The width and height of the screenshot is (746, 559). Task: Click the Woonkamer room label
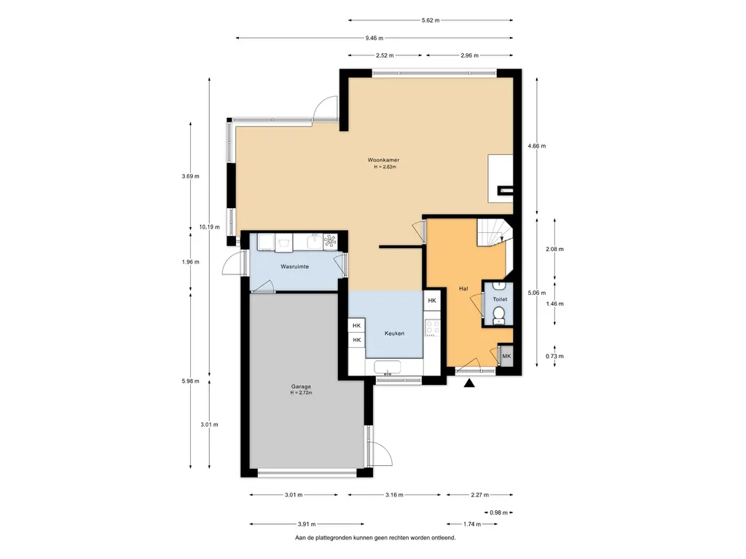(x=383, y=160)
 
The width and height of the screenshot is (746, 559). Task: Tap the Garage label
(x=301, y=387)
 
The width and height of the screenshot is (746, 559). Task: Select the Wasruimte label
(x=294, y=266)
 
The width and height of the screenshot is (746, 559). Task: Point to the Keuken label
(x=394, y=333)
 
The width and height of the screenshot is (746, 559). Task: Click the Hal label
(x=463, y=288)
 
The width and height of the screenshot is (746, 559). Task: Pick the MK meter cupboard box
(x=506, y=356)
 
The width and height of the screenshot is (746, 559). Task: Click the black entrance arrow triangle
(x=469, y=383)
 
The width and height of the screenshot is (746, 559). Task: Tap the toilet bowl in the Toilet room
(x=498, y=314)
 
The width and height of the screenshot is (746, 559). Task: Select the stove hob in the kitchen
(x=433, y=327)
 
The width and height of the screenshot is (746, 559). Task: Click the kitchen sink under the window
(x=388, y=367)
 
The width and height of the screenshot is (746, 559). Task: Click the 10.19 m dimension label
(x=209, y=227)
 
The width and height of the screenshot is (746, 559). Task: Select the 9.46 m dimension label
(x=374, y=38)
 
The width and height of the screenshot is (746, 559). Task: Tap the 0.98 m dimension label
(x=498, y=512)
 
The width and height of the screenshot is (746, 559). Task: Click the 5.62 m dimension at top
(x=431, y=20)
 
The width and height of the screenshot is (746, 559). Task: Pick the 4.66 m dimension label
(x=537, y=146)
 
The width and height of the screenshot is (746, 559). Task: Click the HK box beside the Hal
(x=432, y=301)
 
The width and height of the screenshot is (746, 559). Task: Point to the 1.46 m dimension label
(x=554, y=304)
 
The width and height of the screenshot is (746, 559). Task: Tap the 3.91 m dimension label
(x=307, y=524)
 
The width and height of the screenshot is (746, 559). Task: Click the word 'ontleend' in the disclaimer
(x=444, y=538)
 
